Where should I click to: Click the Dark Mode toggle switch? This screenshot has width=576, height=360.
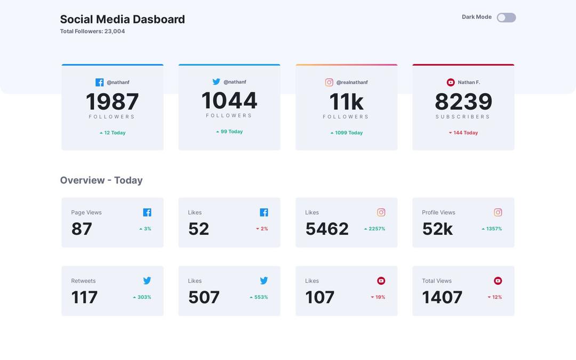[506, 18]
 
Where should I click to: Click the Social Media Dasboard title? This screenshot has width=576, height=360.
[122, 19]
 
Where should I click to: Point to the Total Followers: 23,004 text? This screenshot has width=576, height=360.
[92, 31]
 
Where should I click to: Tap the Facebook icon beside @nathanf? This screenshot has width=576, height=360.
[99, 82]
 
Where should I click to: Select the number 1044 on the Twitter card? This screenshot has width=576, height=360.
[229, 101]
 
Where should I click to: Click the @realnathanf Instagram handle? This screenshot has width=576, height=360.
[351, 83]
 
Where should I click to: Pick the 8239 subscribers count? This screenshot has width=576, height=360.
[463, 102]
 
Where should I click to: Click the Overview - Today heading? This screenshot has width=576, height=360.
[101, 180]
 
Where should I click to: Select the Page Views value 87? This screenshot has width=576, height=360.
[82, 229]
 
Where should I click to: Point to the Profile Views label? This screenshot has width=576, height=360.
[438, 212]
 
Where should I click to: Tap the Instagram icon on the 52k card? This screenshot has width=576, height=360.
[498, 212]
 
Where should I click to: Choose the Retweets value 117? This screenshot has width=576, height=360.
[84, 297]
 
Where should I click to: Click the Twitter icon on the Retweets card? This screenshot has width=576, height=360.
[147, 281]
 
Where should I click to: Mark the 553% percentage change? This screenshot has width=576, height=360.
[259, 297]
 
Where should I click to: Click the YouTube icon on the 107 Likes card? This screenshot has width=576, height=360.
[381, 281]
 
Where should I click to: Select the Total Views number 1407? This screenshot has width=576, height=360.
[442, 297]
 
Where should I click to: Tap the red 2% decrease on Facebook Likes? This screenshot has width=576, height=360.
[262, 229]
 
